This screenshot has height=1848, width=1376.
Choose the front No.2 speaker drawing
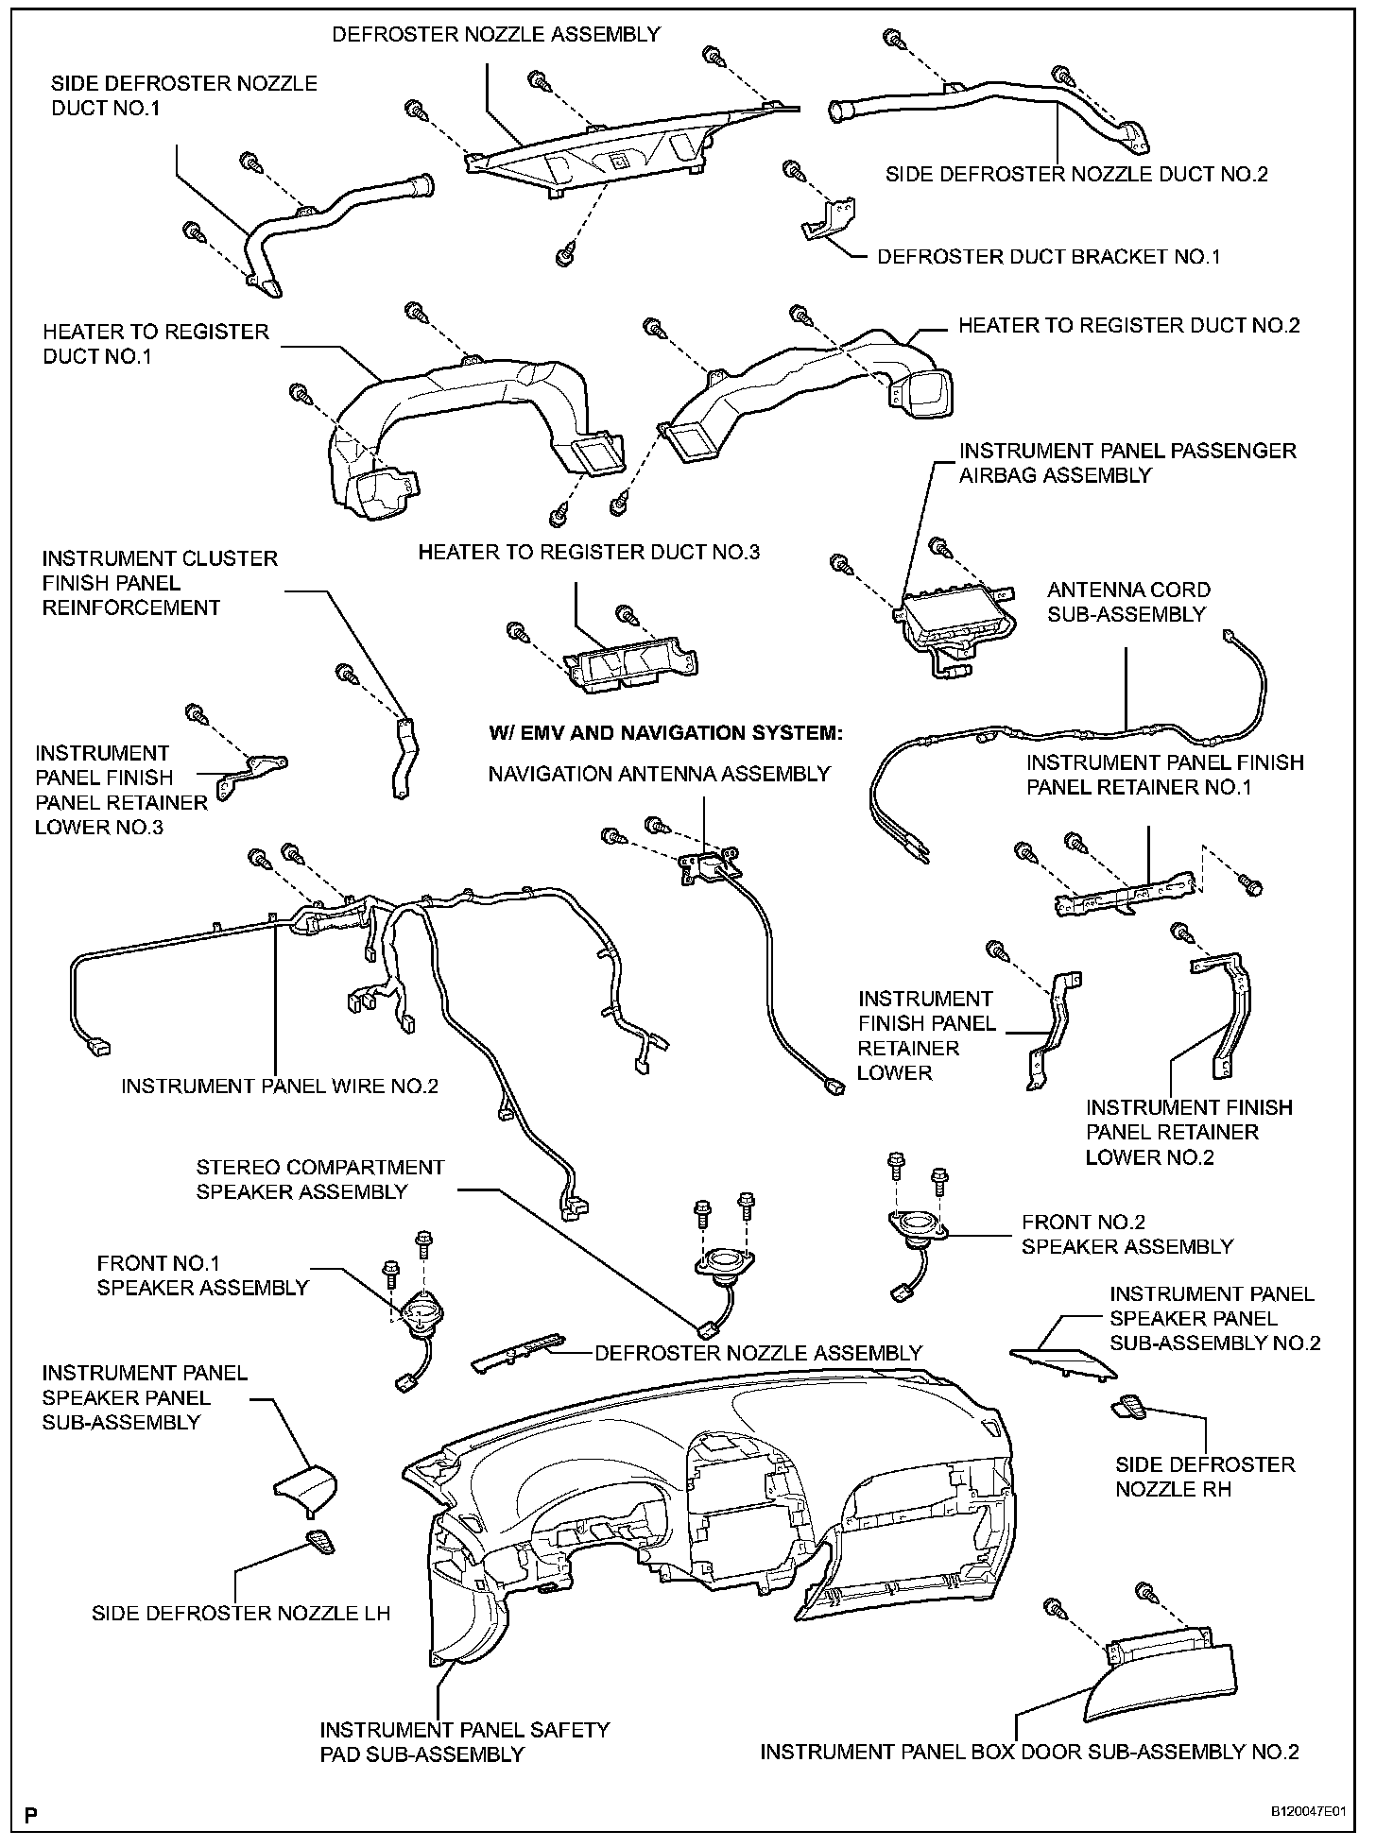pyautogui.click(x=916, y=1226)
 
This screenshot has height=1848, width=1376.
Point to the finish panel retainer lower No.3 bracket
pyautogui.click(x=251, y=770)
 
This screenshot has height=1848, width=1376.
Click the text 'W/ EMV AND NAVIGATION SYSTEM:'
pyautogui.click(x=664, y=733)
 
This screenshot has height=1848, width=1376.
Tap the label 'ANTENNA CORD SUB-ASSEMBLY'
pyautogui.click(x=1128, y=602)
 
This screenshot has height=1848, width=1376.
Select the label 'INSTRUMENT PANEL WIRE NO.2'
pyautogui.click(x=280, y=1087)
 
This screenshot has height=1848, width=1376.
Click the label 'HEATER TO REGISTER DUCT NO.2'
pyautogui.click(x=1129, y=326)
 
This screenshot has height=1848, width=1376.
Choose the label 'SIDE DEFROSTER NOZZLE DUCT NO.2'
pyautogui.click(x=1076, y=174)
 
